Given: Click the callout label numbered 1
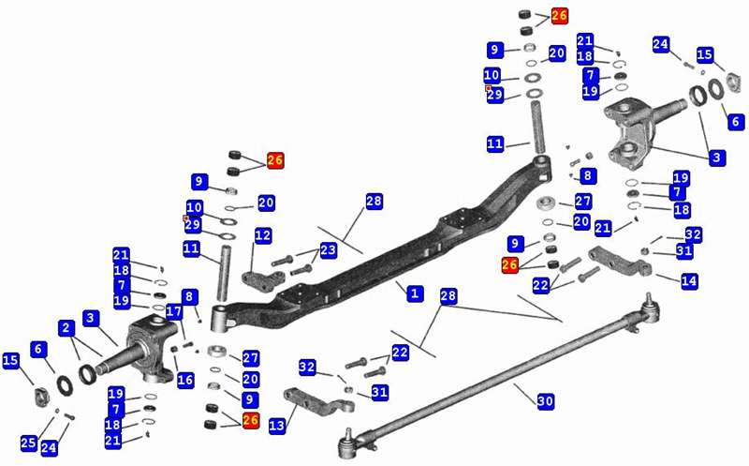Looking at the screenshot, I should click(413, 293).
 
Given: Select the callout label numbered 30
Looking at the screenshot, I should click(545, 400).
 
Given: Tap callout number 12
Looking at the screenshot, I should click(263, 235).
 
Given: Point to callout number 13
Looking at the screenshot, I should click(276, 427).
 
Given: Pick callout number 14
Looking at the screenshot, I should click(689, 280).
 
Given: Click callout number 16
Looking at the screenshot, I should click(185, 380).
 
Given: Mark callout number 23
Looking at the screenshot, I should click(328, 250).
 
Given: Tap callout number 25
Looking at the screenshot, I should click(28, 441).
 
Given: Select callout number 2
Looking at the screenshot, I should click(66, 328).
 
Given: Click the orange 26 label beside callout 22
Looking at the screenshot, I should click(510, 265).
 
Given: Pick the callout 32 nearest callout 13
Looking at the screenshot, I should click(307, 367).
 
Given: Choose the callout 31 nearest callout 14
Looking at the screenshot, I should click(684, 250).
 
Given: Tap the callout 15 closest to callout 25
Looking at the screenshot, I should click(11, 361).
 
